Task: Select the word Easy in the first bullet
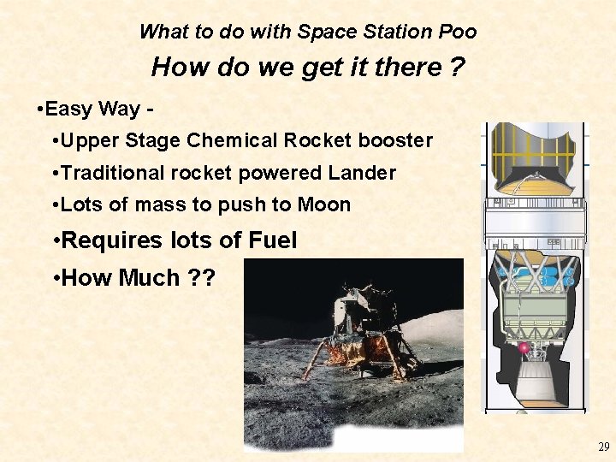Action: click(x=70, y=109)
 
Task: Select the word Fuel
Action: click(x=272, y=240)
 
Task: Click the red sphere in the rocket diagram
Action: click(x=524, y=348)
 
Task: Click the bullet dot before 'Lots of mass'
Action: click(x=54, y=205)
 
